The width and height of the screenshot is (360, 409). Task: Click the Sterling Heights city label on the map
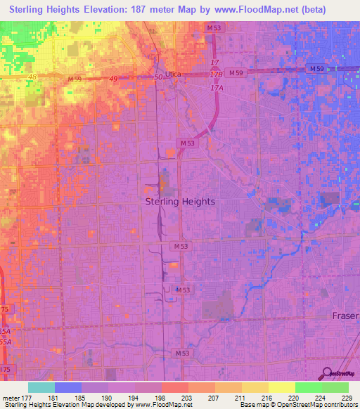coord(180,201)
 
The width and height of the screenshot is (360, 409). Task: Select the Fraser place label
coord(345,316)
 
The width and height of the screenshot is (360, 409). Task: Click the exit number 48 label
coord(32,76)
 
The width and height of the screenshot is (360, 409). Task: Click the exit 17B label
coord(217,74)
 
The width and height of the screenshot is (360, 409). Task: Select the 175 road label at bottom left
coord(5,368)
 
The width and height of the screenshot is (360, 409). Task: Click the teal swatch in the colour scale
coord(41,387)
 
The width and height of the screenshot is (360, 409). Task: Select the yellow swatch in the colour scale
coord(281,387)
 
